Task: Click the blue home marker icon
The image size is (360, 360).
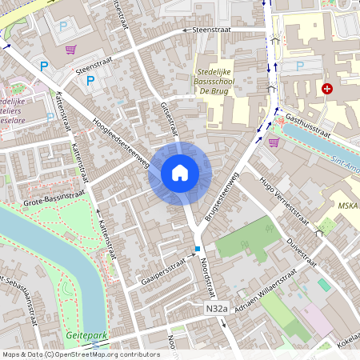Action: tap(180, 172)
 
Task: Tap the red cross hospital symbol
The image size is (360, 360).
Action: tap(326, 89)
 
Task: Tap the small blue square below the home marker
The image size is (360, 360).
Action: tap(198, 250)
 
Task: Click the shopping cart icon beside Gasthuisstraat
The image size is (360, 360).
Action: tap(274, 142)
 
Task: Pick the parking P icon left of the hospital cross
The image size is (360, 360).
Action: tap(299, 66)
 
